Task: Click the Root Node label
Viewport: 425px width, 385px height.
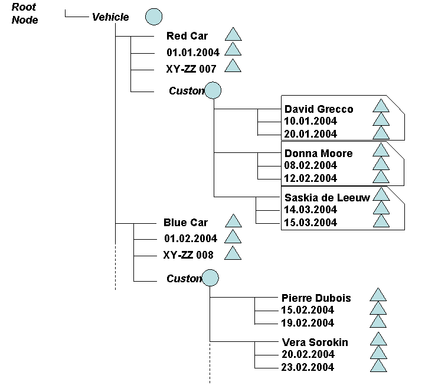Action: (24, 14)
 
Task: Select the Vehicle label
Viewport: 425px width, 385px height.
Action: (110, 17)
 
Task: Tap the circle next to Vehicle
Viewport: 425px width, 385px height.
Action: (153, 17)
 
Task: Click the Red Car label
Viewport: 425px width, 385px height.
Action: (187, 37)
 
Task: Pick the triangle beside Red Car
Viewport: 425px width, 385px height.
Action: (233, 35)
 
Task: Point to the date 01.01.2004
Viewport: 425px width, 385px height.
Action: (192, 53)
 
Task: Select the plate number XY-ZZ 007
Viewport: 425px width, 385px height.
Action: (191, 69)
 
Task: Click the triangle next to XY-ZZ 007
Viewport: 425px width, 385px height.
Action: (233, 67)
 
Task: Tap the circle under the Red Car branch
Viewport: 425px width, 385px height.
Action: (212, 90)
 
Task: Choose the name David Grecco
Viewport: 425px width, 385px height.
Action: (319, 109)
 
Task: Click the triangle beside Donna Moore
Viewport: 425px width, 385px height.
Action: (381, 150)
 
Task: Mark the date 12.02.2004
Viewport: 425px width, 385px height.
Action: (310, 178)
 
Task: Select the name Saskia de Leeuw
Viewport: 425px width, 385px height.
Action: (327, 198)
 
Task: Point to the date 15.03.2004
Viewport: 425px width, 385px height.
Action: (310, 223)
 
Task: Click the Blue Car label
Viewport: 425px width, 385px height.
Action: (185, 223)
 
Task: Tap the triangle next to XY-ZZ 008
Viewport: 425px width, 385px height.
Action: (233, 254)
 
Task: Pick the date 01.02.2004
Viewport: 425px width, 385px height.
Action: (191, 239)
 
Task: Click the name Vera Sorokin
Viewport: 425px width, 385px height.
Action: (316, 342)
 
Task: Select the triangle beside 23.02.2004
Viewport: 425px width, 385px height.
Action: (378, 366)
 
